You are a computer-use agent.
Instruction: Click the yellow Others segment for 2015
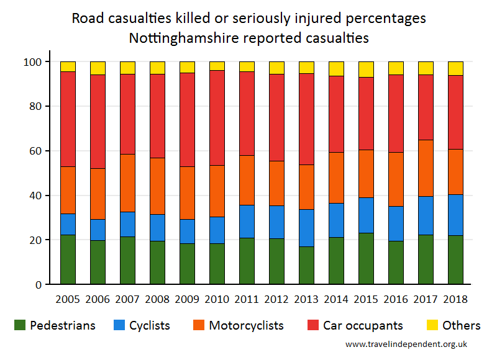(x=366, y=69)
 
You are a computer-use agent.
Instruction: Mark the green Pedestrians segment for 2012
(x=276, y=261)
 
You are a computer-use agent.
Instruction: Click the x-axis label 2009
(x=187, y=299)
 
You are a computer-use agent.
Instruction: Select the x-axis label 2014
(x=336, y=299)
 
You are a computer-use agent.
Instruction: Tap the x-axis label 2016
(x=396, y=299)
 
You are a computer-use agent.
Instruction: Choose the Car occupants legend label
(x=363, y=325)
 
